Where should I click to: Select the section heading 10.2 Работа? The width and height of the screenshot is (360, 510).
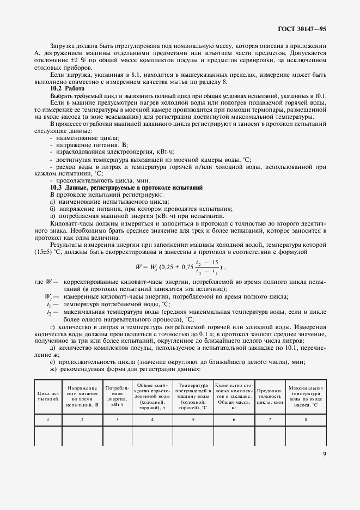64,88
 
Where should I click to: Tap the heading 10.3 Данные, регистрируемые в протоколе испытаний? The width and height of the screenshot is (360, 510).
126,187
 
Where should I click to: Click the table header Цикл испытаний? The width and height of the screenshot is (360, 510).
47,396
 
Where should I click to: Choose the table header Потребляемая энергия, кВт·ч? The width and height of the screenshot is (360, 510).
118,396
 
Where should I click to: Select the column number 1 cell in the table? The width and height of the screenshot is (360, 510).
47,420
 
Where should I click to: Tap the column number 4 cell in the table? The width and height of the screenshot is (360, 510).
152,420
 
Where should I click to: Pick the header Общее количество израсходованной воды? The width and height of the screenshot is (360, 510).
152,396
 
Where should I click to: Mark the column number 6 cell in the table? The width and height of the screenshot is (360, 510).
234,420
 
